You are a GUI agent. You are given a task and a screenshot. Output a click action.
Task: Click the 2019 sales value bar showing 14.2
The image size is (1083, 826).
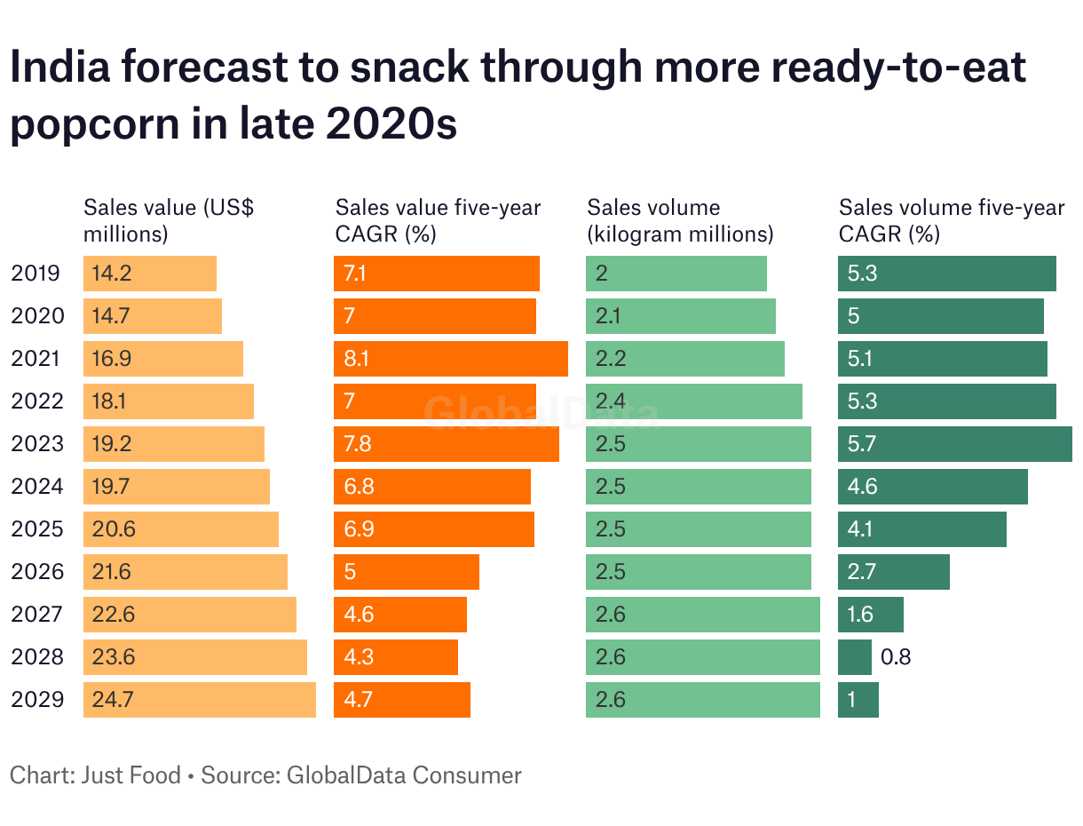click(150, 274)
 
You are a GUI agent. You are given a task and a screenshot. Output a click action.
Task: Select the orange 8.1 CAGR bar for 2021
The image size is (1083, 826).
click(451, 359)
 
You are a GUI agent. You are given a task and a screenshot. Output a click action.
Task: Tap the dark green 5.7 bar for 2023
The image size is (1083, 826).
click(954, 444)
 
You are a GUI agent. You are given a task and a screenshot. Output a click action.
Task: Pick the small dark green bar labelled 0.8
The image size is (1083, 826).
click(855, 657)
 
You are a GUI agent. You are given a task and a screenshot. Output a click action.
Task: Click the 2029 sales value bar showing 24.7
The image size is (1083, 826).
click(200, 700)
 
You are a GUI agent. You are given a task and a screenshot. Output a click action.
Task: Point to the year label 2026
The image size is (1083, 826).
click(37, 572)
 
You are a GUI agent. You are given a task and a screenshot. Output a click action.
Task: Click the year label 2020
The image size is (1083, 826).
click(37, 316)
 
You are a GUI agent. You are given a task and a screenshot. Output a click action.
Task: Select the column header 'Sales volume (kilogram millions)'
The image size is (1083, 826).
click(680, 221)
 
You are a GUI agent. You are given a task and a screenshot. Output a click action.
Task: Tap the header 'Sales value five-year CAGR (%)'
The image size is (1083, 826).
click(438, 221)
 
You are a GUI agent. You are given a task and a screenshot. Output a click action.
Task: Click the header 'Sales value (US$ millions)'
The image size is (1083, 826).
click(169, 221)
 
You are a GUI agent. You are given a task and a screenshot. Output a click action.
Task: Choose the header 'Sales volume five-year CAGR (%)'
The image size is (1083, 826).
click(952, 221)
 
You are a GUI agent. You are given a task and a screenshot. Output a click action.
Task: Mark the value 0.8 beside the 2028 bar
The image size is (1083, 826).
click(896, 657)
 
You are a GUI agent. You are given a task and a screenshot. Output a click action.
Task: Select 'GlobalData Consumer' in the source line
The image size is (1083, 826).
click(404, 775)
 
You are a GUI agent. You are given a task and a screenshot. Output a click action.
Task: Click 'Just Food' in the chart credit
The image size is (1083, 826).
click(131, 775)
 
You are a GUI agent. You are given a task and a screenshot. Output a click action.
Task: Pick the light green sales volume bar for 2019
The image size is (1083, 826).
click(676, 274)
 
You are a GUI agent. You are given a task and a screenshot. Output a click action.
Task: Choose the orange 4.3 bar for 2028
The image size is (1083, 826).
click(396, 657)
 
